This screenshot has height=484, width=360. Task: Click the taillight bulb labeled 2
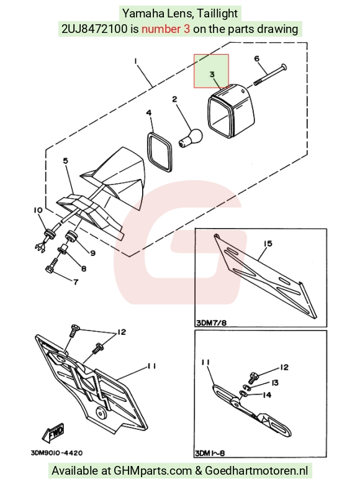(191, 138)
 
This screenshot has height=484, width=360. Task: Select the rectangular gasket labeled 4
(159, 152)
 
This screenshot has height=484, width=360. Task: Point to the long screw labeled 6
(271, 75)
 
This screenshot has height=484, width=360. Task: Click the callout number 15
(268, 244)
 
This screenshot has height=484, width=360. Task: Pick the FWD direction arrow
(53, 432)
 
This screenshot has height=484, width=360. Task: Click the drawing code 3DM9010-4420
(56, 453)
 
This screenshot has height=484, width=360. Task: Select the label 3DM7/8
(211, 323)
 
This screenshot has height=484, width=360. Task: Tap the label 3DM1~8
(210, 453)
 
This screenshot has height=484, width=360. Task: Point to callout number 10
(38, 210)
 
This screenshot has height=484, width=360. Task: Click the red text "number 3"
(166, 29)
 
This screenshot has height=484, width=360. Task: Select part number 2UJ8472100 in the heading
(94, 29)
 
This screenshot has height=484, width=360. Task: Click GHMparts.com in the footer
(153, 471)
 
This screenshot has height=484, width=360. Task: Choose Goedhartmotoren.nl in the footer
(256, 471)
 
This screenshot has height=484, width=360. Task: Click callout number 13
(274, 383)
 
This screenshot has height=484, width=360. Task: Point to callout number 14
(267, 395)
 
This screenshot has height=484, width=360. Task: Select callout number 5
(65, 161)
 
